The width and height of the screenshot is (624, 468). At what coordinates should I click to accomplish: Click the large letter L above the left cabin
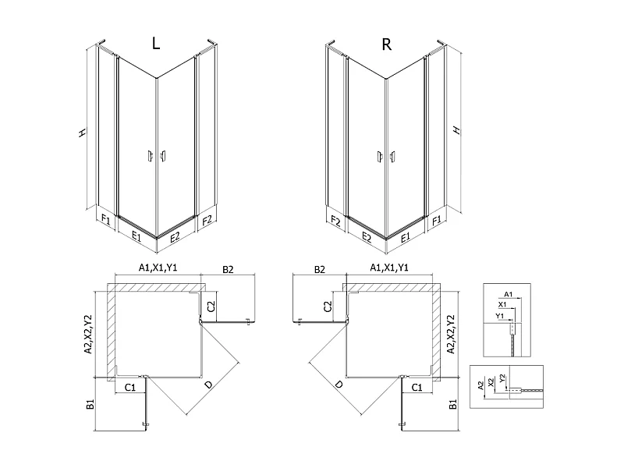[156, 43]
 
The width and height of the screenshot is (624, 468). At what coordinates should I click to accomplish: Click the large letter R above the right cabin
[386, 44]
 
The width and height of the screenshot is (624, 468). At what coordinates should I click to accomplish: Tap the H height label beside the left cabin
[82, 133]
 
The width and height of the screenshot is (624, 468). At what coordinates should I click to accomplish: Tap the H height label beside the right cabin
[456, 129]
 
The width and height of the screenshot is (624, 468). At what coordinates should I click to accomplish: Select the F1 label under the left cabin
[106, 219]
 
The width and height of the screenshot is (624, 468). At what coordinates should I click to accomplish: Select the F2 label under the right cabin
[336, 222]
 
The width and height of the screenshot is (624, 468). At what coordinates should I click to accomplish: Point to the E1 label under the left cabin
[136, 236]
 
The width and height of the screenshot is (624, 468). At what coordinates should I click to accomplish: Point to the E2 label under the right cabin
[367, 238]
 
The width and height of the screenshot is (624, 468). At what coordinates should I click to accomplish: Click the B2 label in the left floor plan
[228, 269]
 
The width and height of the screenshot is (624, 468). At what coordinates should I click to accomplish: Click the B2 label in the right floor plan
[320, 269]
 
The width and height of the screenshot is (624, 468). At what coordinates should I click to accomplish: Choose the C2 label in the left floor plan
[211, 307]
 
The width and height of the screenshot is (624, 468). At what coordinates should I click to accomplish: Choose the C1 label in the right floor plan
[417, 387]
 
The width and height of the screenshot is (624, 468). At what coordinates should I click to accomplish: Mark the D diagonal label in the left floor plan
[208, 385]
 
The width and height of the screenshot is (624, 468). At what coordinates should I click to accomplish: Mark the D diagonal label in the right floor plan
[339, 385]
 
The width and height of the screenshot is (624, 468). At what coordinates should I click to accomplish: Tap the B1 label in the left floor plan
[90, 404]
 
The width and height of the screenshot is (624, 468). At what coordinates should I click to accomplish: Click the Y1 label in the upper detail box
[500, 316]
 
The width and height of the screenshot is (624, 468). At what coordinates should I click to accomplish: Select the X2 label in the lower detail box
[491, 382]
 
